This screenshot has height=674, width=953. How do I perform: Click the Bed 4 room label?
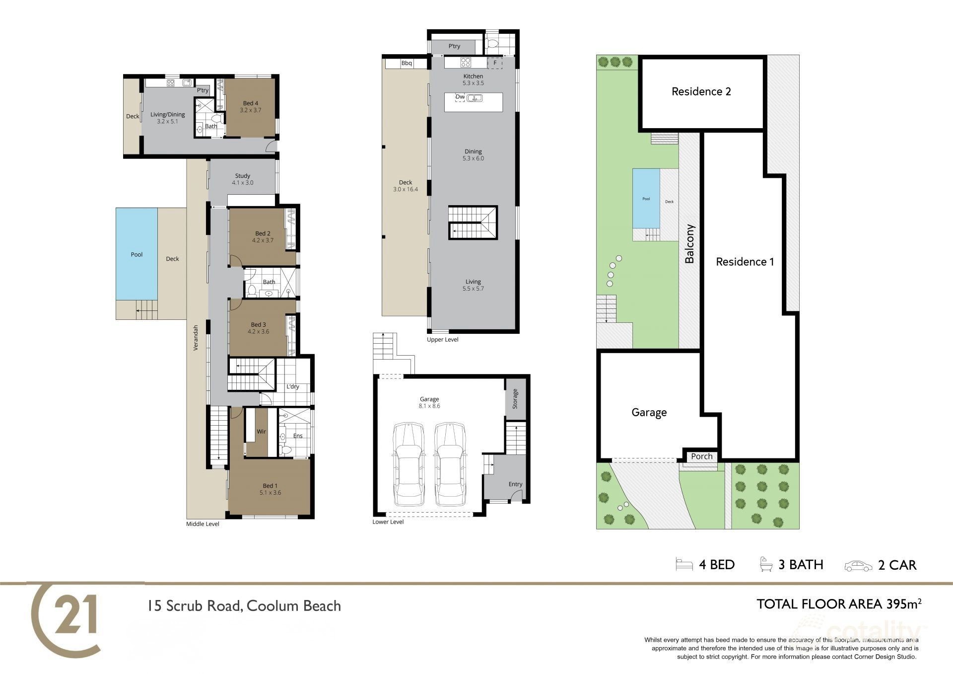(x=250, y=103)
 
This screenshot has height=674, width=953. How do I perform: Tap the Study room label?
(x=242, y=176)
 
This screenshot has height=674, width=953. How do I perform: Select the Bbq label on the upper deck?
(x=407, y=63)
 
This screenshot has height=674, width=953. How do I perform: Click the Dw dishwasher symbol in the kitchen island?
(x=460, y=97)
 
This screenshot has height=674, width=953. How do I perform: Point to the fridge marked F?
(x=495, y=63)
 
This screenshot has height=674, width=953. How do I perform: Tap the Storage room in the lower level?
(x=515, y=398)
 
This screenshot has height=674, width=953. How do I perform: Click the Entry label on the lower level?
(x=515, y=484)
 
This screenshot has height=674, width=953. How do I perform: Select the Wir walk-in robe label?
(x=261, y=432)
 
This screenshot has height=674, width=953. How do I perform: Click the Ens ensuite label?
(x=298, y=436)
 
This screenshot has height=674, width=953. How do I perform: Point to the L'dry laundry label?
(x=293, y=387)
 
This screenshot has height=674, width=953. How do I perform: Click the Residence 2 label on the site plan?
(x=701, y=91)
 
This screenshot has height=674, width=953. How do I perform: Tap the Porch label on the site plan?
(x=702, y=456)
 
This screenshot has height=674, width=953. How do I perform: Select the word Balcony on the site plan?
(x=689, y=243)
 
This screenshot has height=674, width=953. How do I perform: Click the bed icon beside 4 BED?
(x=684, y=565)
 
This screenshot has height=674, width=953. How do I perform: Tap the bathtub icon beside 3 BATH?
(x=766, y=565)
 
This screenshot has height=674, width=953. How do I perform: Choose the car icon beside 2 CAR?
(x=858, y=565)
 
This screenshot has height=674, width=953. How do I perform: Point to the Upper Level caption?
(x=443, y=340)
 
